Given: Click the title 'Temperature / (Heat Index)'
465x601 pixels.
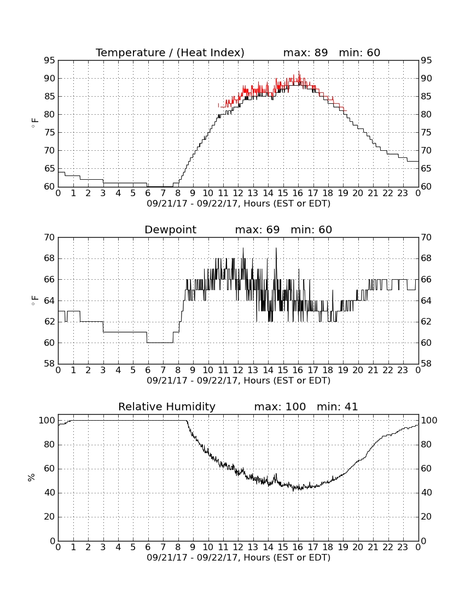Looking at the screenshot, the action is click(170, 53).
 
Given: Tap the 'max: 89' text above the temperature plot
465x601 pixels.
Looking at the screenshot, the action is click(305, 53).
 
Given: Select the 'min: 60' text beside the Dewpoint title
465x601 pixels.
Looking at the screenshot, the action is click(311, 230).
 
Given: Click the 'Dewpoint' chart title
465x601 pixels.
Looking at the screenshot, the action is click(170, 231).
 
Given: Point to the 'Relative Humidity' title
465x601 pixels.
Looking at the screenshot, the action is click(167, 407).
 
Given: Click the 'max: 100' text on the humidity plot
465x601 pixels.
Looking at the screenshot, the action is click(280, 406).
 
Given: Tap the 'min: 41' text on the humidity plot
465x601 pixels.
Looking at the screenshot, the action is click(337, 406).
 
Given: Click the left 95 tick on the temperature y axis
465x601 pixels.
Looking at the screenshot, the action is click(49, 61).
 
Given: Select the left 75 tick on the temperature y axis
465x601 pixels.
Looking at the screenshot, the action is click(49, 133).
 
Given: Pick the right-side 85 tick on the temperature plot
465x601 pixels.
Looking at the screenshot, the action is click(426, 97).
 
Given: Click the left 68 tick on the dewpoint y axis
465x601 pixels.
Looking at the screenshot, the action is click(49, 259).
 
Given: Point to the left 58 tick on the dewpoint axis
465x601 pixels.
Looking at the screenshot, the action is click(49, 364).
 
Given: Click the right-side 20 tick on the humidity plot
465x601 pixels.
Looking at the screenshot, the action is click(426, 517).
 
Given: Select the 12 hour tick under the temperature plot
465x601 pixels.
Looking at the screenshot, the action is click(239, 193).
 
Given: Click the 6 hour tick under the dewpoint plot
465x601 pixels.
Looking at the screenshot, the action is click(148, 370).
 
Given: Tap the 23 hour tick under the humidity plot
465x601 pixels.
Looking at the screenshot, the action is click(403, 547).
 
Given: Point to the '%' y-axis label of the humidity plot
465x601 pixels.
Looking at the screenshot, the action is click(32, 477).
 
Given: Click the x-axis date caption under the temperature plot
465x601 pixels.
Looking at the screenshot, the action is click(239, 204).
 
